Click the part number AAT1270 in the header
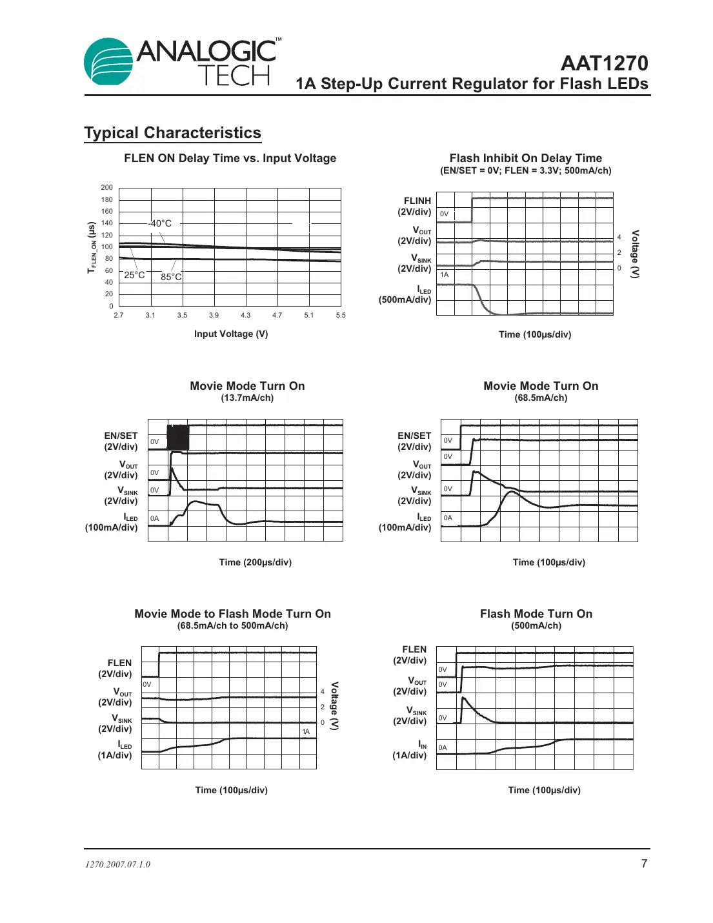coord(604,63)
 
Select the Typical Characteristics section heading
coord(172,133)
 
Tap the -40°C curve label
coord(160,223)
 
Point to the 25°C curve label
coord(134,275)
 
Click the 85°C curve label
coord(171,277)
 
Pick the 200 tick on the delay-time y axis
coord(106,188)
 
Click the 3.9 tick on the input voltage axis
coord(214,316)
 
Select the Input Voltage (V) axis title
coord(231,334)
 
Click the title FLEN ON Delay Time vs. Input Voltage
coord(230,158)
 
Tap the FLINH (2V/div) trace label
coord(415,207)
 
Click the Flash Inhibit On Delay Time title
coord(525,158)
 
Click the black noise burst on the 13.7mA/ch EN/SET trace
coord(178,437)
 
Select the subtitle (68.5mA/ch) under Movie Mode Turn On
coord(541,398)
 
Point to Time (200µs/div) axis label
coord(255,562)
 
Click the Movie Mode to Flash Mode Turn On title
coord(232,614)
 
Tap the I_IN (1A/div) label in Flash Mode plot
coord(410,750)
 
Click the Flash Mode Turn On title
coord(536,614)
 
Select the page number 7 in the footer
coord(644,864)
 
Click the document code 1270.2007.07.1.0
coord(117,865)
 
